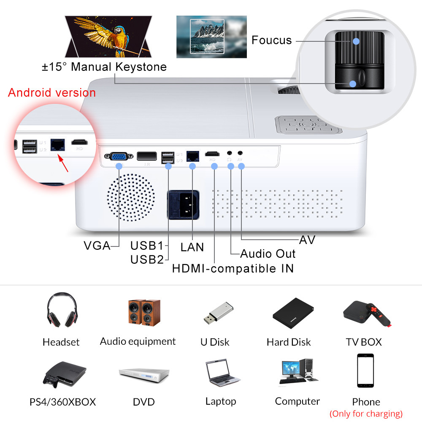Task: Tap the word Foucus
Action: click(271, 41)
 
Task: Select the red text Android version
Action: click(52, 93)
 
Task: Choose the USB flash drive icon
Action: click(218, 314)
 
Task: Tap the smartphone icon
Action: click(365, 371)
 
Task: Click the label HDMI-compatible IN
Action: click(233, 268)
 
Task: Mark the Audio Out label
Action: click(268, 254)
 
